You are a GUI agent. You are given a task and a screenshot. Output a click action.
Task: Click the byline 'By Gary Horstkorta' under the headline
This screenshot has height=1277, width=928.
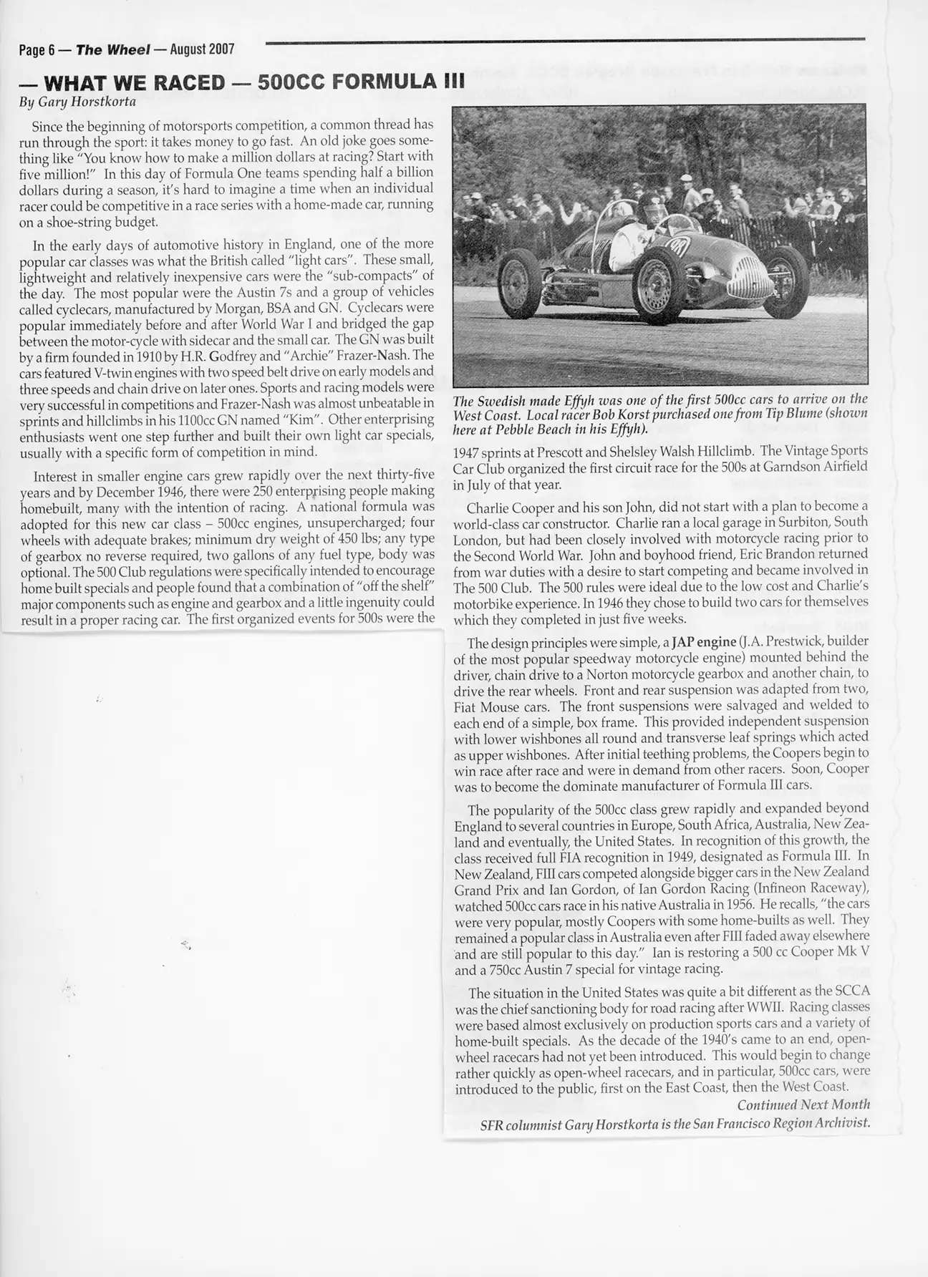pos(77,102)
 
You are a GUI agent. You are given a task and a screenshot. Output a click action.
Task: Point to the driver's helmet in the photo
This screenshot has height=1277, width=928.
pos(650,203)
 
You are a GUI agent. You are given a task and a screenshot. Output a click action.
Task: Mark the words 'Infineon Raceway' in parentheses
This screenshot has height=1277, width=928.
pos(808,888)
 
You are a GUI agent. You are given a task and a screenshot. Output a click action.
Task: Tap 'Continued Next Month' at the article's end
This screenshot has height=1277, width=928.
pos(803,1104)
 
